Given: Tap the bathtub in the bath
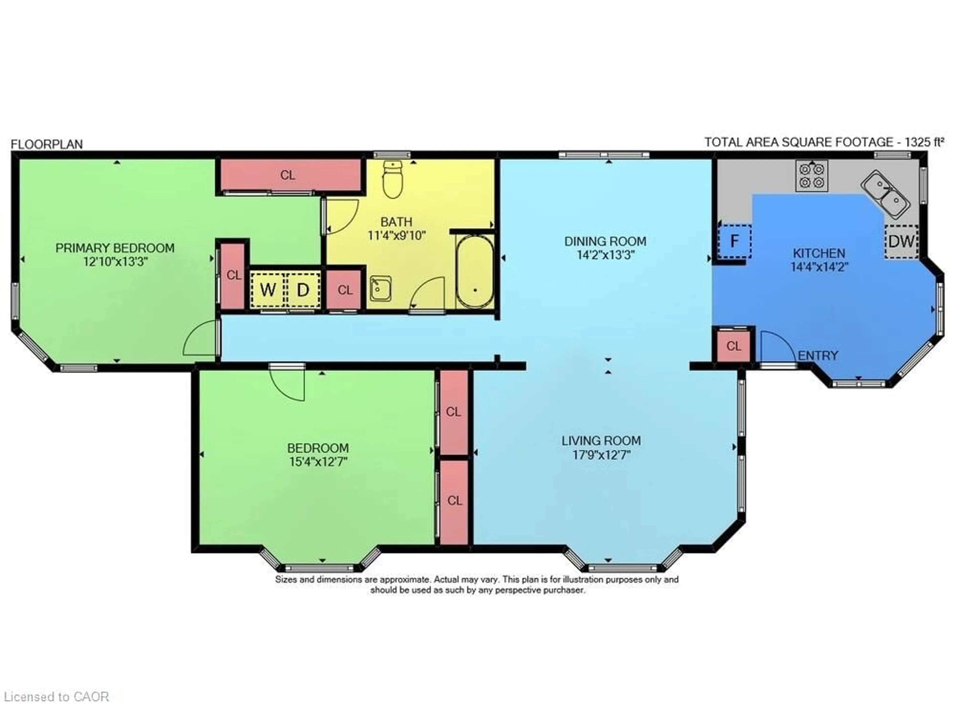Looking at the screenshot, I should coord(475,271).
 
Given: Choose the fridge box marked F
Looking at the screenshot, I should coord(734,241).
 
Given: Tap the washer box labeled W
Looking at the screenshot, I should coord(268,290).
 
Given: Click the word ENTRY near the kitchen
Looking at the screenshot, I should coord(817,355).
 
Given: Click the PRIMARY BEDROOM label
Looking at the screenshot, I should coord(115,248).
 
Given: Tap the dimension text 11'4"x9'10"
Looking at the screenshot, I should coord(397,235).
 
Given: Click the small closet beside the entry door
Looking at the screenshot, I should coord(733,346).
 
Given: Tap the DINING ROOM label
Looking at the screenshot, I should coord(605,241).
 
